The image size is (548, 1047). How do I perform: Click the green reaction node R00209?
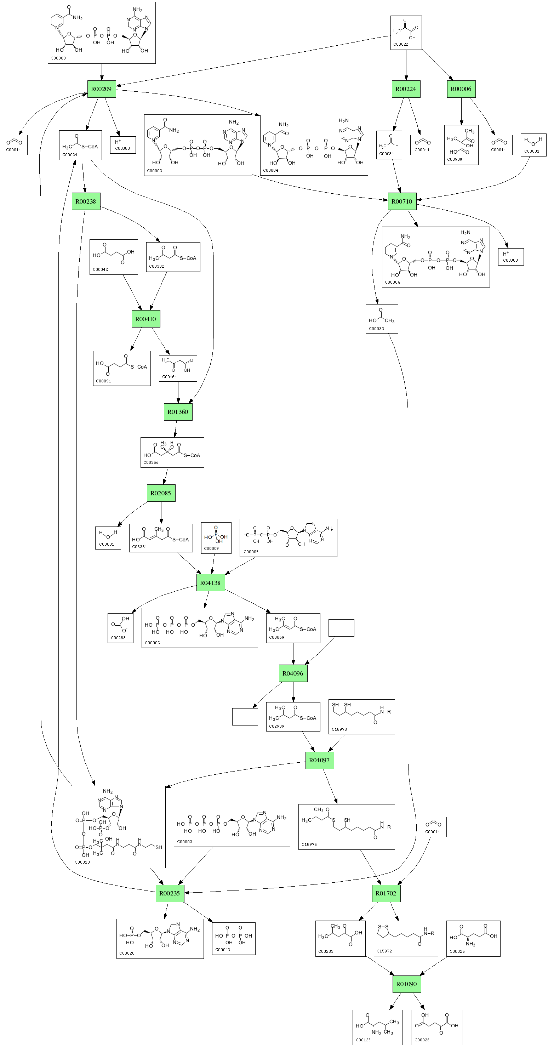click(102, 89)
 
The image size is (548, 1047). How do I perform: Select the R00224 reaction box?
click(406, 89)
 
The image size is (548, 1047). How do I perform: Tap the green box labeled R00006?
click(461, 89)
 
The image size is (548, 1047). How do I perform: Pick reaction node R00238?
click(86, 201)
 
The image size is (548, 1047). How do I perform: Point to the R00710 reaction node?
click(402, 201)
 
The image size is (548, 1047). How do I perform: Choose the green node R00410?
click(146, 319)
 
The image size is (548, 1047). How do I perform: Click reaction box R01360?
click(178, 412)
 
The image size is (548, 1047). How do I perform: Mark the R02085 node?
click(161, 493)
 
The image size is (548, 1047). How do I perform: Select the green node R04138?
click(210, 582)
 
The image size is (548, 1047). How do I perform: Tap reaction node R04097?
click(319, 760)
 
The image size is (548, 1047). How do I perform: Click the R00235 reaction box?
click(170, 893)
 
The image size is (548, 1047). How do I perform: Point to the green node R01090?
click(406, 984)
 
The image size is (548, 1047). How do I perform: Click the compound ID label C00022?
click(400, 44)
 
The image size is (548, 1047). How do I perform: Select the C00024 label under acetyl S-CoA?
click(70, 155)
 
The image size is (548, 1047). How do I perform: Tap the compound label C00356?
click(151, 462)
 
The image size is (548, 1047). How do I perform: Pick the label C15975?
click(309, 844)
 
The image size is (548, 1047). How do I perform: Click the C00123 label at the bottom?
click(363, 1040)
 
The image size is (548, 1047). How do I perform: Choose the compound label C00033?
click(377, 329)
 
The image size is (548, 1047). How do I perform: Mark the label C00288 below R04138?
click(118, 638)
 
